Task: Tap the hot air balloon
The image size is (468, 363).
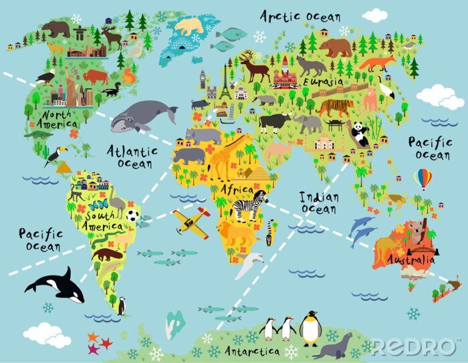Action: click(x=423, y=178)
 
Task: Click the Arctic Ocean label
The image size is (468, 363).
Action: click(x=300, y=16)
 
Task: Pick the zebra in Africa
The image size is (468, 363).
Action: click(x=249, y=204)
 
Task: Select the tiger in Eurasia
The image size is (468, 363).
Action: click(x=336, y=107)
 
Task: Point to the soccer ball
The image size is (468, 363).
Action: click(x=132, y=216)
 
